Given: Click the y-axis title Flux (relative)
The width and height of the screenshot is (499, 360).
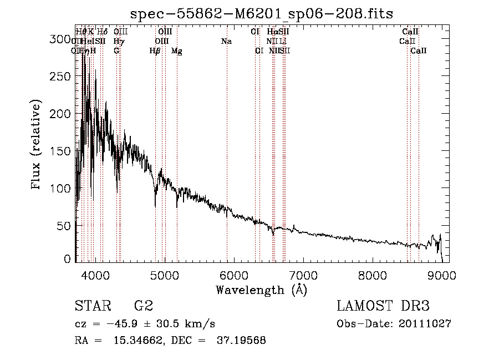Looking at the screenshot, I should click(x=37, y=145).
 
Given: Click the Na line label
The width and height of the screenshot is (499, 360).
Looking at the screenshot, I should click(x=226, y=41).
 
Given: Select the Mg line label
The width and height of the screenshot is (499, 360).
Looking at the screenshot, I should click(x=176, y=51).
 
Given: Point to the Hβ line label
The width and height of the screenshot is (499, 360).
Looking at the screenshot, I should click(x=155, y=51).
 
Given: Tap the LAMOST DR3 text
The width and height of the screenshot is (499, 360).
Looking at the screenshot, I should click(x=383, y=306).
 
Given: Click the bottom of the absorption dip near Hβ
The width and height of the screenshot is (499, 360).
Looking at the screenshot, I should click(x=155, y=205).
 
